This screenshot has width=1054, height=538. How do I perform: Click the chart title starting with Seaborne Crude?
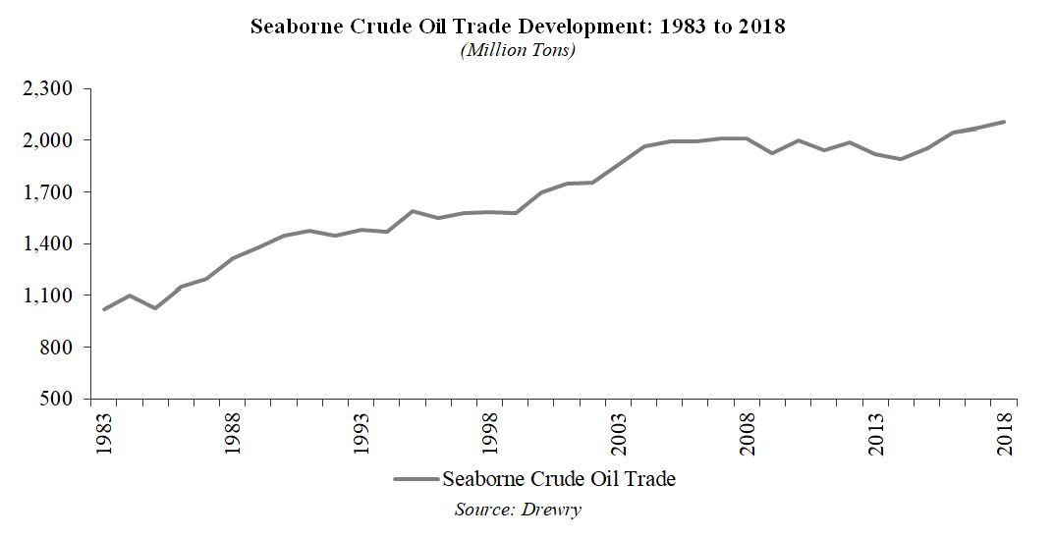pyautogui.click(x=518, y=27)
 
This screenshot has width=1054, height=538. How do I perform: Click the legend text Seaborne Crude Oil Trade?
pyautogui.click(x=559, y=479)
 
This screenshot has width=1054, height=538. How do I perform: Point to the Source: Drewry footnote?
pyautogui.click(x=518, y=510)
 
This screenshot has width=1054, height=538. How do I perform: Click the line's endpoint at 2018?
pyautogui.click(x=1004, y=122)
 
